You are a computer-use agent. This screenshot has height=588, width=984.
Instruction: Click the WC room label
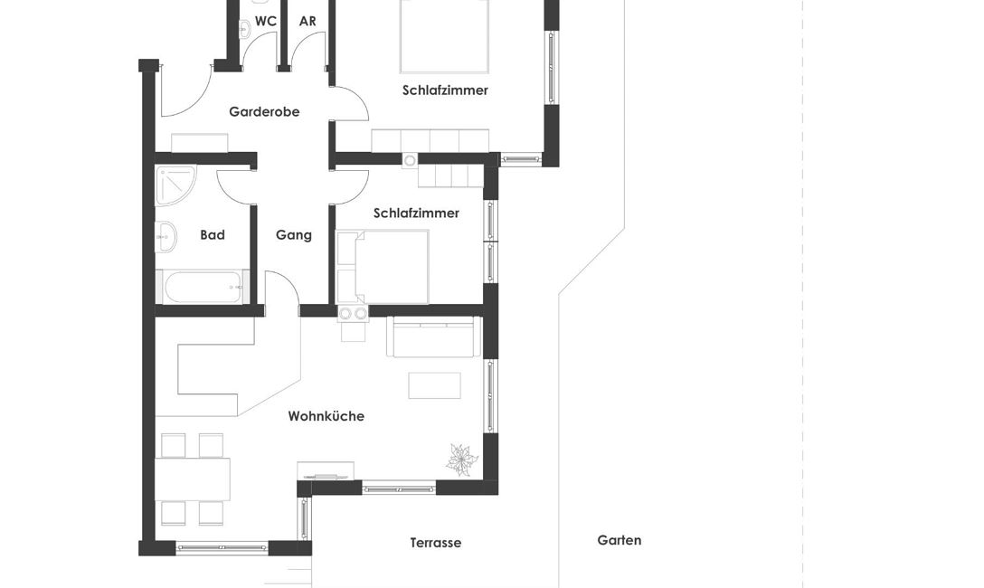point(266,22)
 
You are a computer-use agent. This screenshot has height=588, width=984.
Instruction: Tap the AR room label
point(307,22)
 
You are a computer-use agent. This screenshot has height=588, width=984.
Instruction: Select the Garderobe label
point(264,111)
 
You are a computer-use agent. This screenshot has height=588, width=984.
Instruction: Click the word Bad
point(213,234)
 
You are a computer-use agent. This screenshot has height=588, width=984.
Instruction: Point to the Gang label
point(294,235)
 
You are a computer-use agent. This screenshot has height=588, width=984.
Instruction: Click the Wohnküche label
point(326,416)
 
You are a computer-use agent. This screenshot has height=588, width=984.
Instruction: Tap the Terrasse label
point(436,543)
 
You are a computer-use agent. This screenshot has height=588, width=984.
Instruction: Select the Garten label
point(620,540)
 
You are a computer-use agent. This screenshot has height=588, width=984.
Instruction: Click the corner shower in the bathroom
point(175,185)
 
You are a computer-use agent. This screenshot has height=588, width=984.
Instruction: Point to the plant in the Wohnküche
point(462,460)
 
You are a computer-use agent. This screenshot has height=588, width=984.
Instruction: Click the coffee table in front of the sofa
point(434,385)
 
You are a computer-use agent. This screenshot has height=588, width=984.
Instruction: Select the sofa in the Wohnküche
point(433,337)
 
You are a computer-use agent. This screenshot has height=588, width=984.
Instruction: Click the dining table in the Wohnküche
point(192,479)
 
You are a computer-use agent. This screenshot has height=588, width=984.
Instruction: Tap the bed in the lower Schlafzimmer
point(383,267)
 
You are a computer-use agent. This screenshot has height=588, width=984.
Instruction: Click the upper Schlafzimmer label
point(446,90)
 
